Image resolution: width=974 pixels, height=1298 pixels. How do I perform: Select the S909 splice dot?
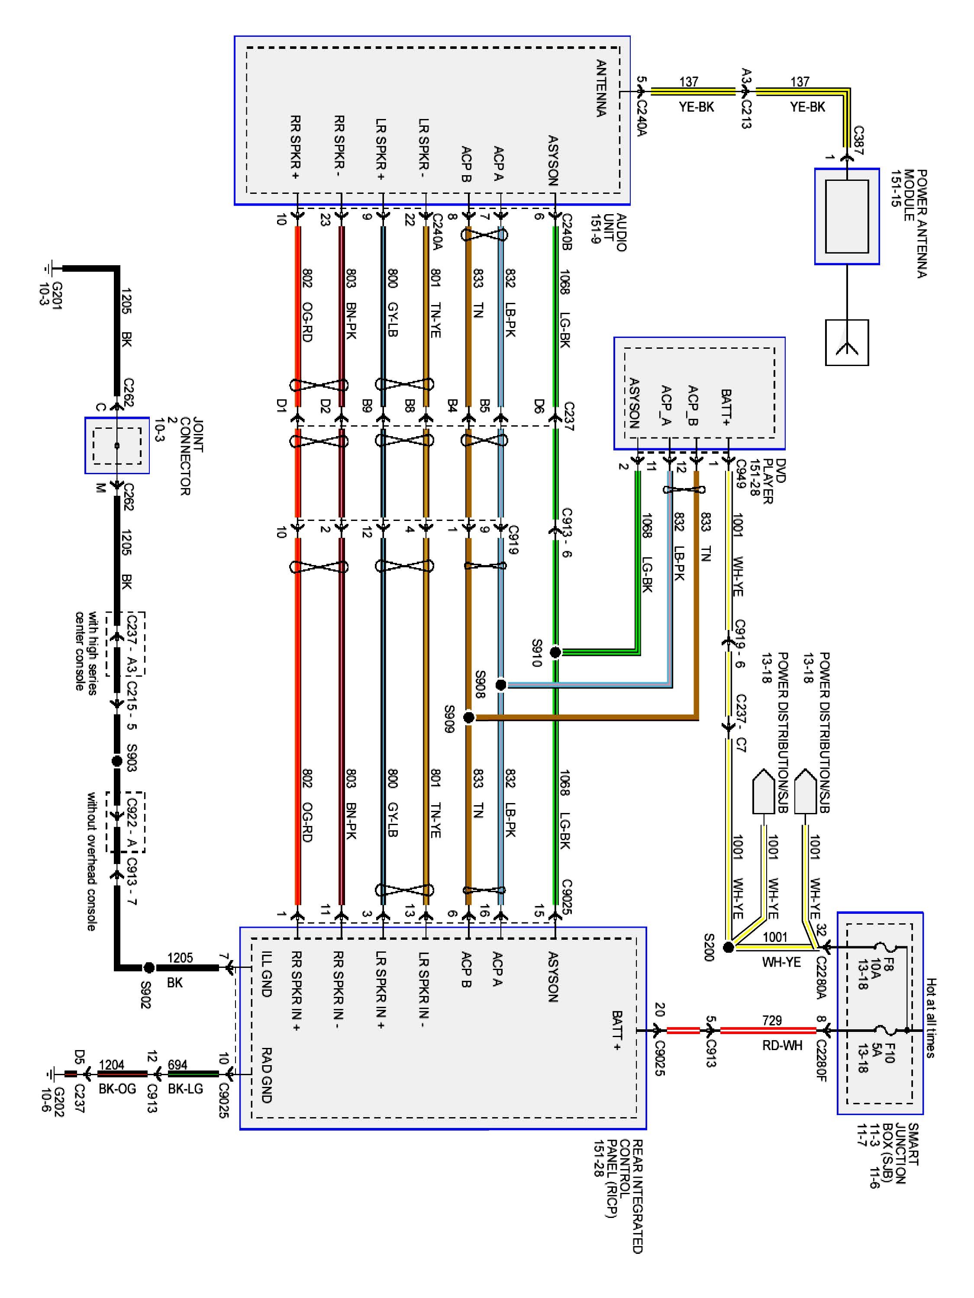click(x=468, y=717)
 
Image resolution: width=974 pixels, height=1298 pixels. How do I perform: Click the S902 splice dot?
click(x=149, y=967)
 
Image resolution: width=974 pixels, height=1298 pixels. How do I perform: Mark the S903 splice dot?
click(x=117, y=761)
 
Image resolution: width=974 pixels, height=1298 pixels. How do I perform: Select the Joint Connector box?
click(x=117, y=445)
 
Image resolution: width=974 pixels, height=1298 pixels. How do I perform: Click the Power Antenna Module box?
click(x=847, y=216)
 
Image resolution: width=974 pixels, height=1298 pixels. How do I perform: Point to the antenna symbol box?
click(x=847, y=342)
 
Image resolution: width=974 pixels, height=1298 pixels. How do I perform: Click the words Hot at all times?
click(x=931, y=1018)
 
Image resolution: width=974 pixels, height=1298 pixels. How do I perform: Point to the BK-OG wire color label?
click(x=117, y=1089)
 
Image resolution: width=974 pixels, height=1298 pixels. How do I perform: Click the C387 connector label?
click(x=858, y=140)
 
